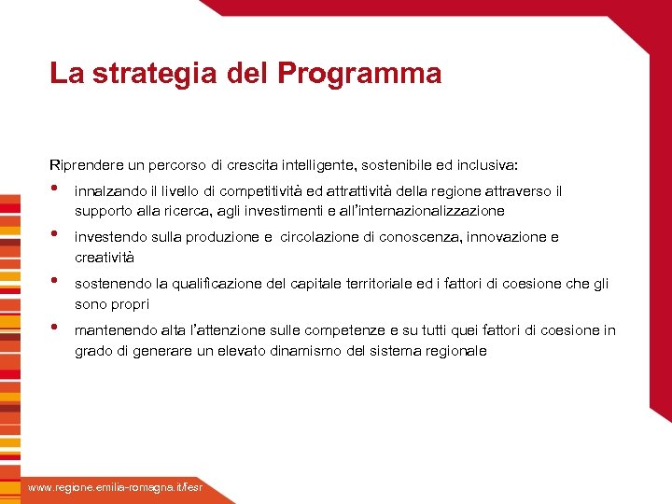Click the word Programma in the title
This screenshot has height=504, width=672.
pos(359,74)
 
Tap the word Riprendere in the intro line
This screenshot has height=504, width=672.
pos(85,165)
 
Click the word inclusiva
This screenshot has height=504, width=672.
pos(494,165)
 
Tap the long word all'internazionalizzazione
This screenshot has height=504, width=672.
pos(426,210)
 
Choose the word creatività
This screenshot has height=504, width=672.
pos(105,257)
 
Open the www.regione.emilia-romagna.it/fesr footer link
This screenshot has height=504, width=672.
pos(114,488)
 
